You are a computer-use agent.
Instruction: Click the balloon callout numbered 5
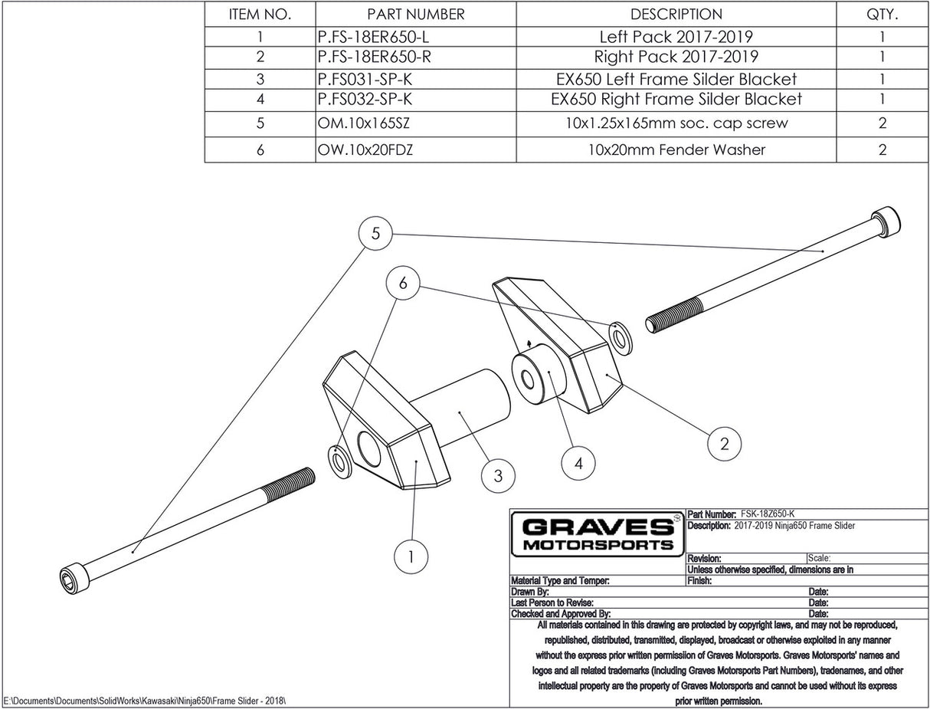[375, 234]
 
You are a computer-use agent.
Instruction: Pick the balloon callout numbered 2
[724, 442]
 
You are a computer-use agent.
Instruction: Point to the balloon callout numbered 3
[498, 476]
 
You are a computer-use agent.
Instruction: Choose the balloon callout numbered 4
[578, 463]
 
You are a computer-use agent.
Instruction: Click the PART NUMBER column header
[415, 14]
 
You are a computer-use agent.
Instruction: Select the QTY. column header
[883, 14]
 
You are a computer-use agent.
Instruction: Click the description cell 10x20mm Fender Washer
[676, 149]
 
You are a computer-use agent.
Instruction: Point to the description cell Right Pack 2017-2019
[676, 57]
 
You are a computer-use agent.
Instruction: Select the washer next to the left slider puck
[339, 458]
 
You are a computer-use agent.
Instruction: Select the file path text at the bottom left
[146, 701]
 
